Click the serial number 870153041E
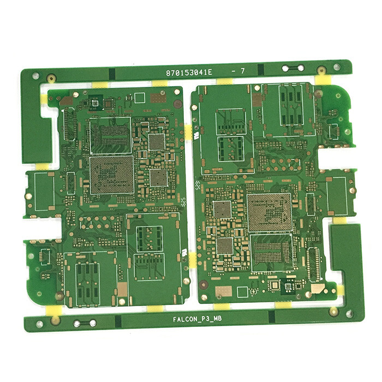[x=189, y=72]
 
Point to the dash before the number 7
[x=234, y=71]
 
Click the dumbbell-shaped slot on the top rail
[x=293, y=68]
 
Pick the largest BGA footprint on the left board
[x=111, y=174]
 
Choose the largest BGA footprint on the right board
[x=269, y=211]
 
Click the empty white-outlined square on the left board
[x=140, y=97]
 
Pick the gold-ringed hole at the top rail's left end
[x=51, y=78]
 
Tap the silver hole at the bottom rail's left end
[x=39, y=324]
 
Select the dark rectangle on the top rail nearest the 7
[x=260, y=70]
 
